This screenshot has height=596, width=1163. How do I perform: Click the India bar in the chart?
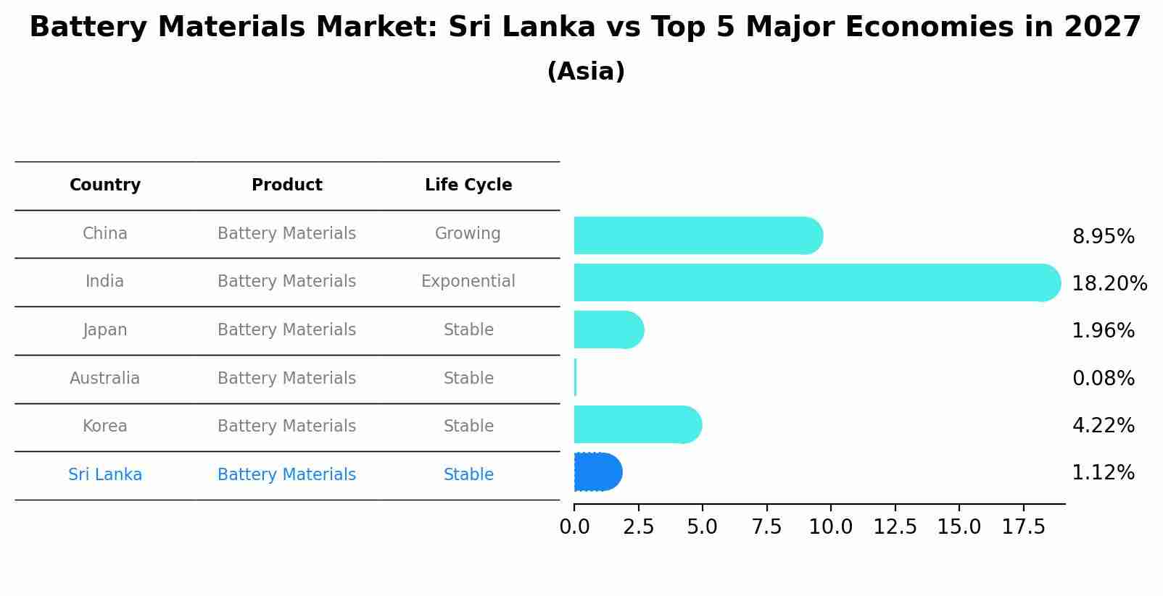[x=812, y=282]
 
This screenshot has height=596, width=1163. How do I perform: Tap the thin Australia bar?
[x=575, y=377]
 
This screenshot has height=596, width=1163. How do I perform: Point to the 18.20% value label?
[x=1109, y=284]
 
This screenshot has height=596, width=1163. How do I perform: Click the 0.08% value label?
[x=1103, y=379]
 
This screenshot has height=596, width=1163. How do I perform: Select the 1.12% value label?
[x=1103, y=473]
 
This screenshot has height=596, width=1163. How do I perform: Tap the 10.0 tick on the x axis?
[x=830, y=527]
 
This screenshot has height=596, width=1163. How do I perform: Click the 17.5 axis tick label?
[x=1023, y=527]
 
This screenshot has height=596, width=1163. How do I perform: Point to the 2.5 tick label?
[x=638, y=527]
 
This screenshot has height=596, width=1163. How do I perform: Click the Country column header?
[x=105, y=185]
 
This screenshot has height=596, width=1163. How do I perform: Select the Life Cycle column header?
[x=468, y=185]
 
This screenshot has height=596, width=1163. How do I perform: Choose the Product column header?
[x=286, y=185]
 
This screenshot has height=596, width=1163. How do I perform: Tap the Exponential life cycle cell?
[x=468, y=282]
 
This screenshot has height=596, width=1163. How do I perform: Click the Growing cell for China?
[x=468, y=234]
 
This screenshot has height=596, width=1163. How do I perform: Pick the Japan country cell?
[x=105, y=330]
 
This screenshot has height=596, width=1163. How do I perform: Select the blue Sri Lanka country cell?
[x=105, y=475]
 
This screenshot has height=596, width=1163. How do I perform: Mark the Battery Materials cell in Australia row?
[x=286, y=379]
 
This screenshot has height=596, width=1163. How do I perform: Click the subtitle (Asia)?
[x=586, y=72]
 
